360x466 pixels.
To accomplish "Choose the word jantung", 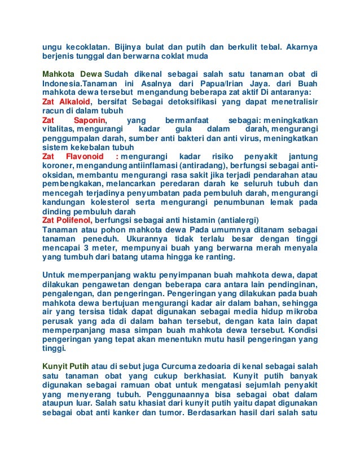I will (x=302, y=156).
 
